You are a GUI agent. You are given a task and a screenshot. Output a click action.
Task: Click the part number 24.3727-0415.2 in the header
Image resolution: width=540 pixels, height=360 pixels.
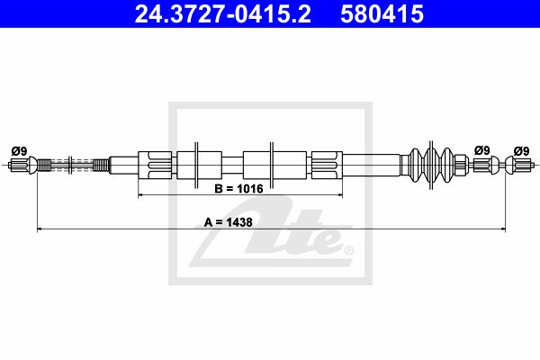click(223, 14)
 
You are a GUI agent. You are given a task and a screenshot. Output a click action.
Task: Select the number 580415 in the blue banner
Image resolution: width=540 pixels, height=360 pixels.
click(382, 14)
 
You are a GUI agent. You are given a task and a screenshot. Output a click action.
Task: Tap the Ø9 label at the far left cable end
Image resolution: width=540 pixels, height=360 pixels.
click(19, 151)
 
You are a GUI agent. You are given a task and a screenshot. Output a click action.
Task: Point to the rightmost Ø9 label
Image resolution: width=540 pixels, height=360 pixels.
click(521, 151)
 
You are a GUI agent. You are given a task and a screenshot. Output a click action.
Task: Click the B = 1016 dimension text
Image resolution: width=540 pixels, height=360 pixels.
click(238, 189)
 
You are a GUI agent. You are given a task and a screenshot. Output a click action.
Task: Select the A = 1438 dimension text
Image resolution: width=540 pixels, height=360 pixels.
click(229, 222)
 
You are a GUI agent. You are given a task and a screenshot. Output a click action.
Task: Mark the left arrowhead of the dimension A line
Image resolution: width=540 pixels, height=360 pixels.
click(40, 229)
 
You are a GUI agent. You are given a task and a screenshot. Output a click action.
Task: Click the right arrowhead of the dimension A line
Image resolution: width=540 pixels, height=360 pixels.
click(503, 229)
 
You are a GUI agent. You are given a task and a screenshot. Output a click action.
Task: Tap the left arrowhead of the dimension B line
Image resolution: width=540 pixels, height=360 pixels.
click(140, 195)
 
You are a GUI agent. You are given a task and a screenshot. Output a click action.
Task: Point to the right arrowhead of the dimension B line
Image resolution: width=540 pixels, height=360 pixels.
click(340, 195)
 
